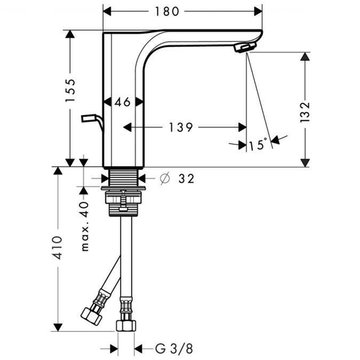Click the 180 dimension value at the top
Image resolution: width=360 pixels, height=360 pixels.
167,12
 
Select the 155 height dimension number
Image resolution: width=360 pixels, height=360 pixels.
71,90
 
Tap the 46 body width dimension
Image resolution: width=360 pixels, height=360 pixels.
122,102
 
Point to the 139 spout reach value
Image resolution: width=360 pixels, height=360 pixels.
181,127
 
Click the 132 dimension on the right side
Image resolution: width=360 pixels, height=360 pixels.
305,112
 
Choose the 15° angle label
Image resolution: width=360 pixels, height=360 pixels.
258,145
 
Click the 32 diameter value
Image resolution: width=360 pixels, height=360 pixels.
186,179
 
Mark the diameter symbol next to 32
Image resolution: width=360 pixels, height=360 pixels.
165,179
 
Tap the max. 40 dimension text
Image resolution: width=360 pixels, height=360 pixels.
85,226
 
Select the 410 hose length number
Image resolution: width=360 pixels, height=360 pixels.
58,248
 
